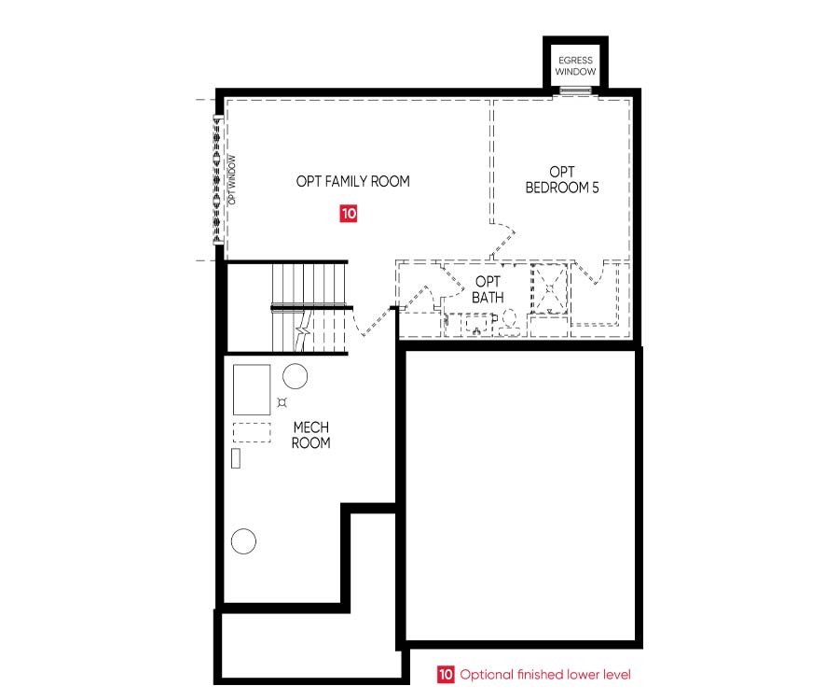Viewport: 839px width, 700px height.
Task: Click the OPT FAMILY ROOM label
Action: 353,182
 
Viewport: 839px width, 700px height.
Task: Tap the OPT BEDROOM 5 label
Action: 562,180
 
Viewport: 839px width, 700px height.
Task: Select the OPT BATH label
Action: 488,289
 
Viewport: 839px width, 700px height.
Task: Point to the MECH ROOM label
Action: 310,435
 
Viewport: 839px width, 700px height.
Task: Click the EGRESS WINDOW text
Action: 575,66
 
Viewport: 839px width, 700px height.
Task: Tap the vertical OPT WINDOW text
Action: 232,180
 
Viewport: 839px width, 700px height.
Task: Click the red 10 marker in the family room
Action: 349,213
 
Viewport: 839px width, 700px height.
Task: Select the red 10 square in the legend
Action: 446,674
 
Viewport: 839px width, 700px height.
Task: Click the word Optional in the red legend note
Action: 487,674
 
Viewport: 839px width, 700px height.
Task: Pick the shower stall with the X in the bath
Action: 549,288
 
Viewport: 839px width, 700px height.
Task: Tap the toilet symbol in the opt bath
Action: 508,321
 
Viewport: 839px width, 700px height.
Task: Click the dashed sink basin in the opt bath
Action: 475,325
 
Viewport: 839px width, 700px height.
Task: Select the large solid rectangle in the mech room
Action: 252,389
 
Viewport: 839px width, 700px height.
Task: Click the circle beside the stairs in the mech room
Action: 295,376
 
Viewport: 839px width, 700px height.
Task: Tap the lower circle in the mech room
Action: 243,541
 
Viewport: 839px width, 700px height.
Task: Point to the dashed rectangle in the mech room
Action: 252,432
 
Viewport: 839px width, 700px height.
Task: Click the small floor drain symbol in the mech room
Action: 282,401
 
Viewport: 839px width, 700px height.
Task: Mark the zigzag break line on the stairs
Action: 303,332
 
